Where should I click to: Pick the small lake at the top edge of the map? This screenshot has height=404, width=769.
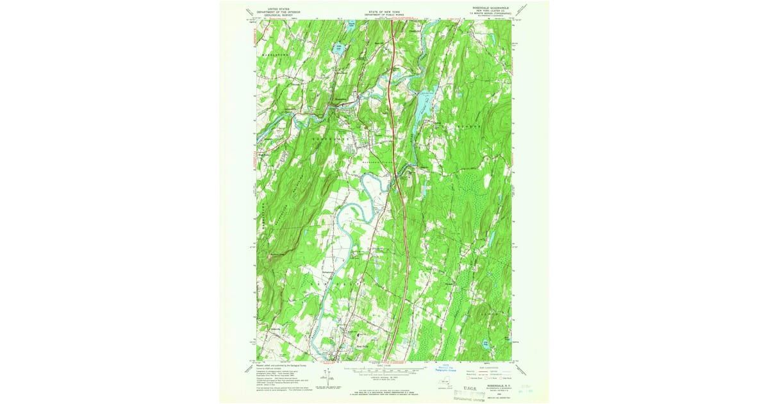351,26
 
